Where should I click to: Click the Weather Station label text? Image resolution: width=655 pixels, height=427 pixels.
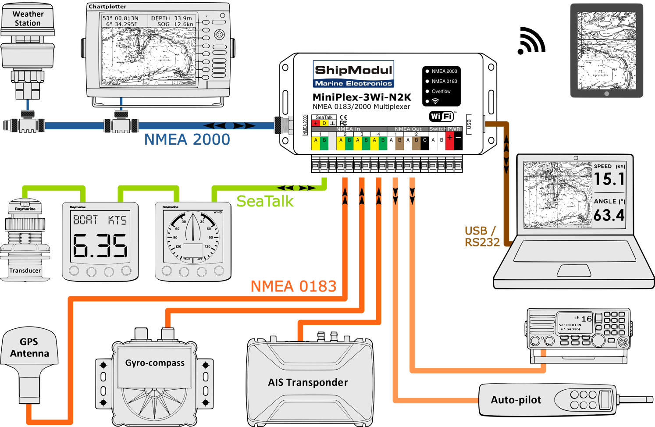coord(28,18)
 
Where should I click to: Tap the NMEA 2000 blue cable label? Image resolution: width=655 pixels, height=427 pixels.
coord(187,139)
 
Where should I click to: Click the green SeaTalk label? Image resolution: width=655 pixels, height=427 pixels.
coord(265,201)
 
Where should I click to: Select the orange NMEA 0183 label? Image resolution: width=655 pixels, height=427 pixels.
coord(293,286)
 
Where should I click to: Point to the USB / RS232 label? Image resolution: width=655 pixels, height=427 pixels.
coord(482,236)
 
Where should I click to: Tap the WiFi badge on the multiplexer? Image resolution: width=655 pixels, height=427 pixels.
coord(441,116)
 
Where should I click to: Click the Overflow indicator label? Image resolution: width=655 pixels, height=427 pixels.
coord(441,91)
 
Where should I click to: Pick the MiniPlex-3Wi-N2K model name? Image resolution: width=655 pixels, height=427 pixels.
coord(362,97)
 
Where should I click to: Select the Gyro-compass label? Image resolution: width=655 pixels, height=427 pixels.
coord(155,363)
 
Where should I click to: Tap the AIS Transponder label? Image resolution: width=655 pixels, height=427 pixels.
coord(308,382)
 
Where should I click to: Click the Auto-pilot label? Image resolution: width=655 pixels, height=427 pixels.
coord(516,400)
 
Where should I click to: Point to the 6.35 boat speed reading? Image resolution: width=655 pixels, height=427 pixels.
coord(100,246)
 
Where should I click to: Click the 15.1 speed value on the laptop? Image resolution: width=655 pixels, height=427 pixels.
coord(609,179)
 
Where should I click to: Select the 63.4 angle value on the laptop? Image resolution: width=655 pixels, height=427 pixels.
coord(609,215)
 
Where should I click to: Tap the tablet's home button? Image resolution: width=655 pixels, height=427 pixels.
coord(606,94)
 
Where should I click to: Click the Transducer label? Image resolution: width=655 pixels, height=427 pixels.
coord(25,270)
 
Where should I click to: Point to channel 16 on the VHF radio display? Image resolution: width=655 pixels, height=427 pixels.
coord(587,319)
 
